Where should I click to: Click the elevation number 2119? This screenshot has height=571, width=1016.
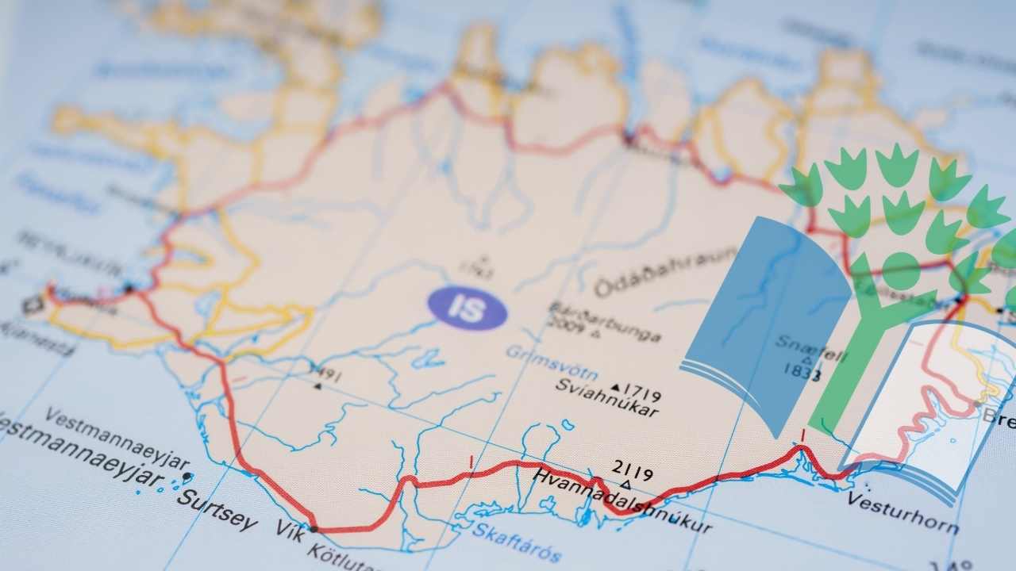tap(633, 474)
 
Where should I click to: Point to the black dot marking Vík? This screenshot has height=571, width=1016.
tap(314, 528)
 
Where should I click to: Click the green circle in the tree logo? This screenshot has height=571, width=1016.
tap(902, 270)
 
